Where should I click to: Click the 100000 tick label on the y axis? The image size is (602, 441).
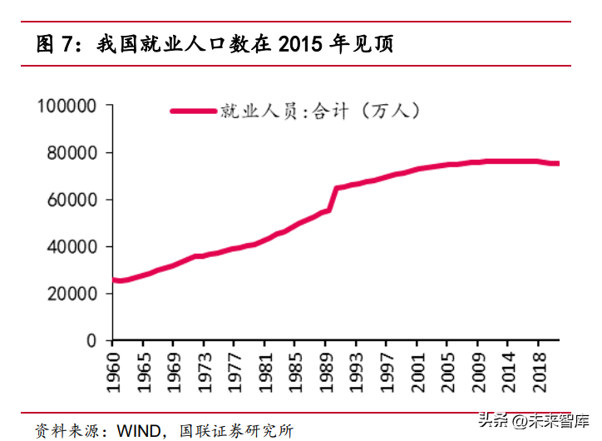click(x=67, y=107)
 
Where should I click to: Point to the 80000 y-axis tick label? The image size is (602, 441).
click(x=72, y=153)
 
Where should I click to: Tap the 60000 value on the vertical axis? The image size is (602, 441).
click(x=72, y=200)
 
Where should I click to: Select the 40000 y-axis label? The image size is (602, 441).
click(x=72, y=247)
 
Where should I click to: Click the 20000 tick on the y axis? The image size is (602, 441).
click(x=72, y=294)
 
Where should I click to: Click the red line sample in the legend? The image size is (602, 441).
click(x=192, y=111)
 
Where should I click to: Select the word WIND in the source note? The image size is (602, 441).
click(x=137, y=430)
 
